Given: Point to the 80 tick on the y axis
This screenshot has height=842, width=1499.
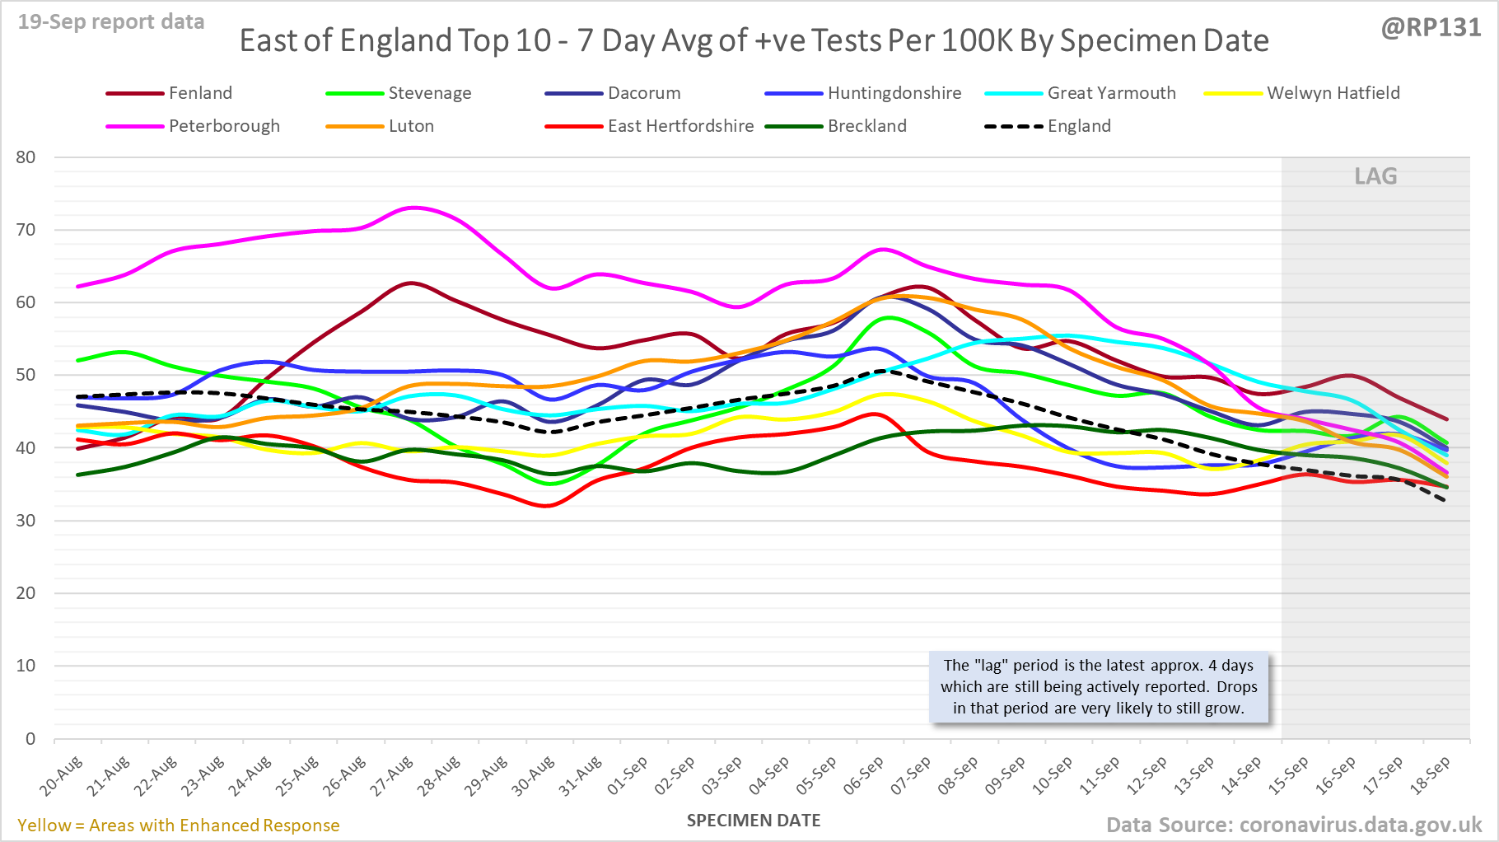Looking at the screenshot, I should coord(26,157).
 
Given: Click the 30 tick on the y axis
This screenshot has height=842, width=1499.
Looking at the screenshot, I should coord(26,521).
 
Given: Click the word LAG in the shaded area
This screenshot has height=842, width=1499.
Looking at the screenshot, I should coord(1375,176).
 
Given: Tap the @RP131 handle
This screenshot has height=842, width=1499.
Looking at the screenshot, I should coord(1431,28).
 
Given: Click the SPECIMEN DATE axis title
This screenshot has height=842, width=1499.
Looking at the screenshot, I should coord(754,821).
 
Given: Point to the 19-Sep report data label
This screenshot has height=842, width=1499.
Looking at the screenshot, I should coord(111,22).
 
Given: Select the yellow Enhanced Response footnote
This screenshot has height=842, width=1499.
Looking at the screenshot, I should coord(179,826).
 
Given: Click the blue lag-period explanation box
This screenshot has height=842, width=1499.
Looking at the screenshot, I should coord(1099,687).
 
